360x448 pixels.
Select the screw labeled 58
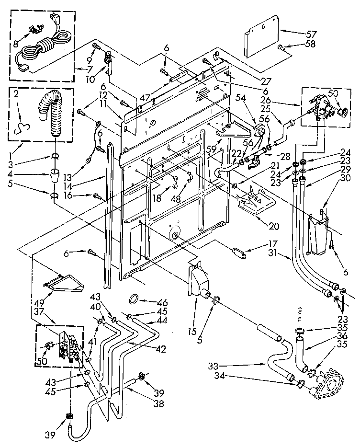(281, 47)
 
